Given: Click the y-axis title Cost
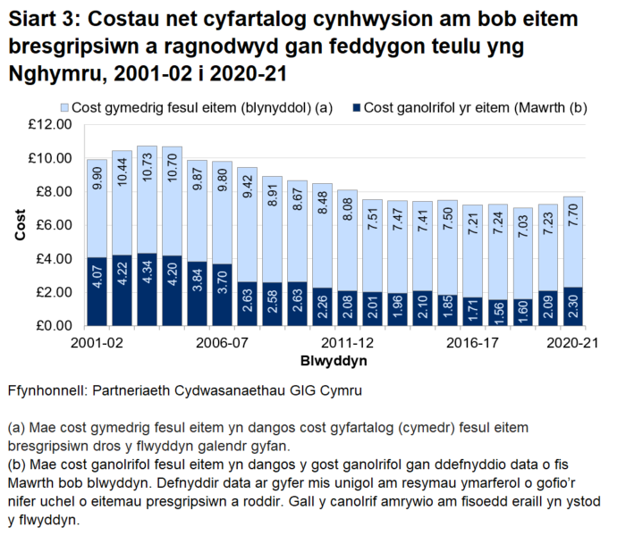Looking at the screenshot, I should (x=20, y=225).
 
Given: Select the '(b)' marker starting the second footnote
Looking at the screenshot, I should (x=16, y=465).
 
